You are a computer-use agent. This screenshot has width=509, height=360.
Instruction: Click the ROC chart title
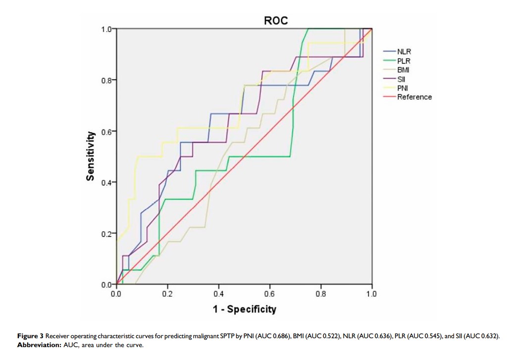pyautogui.click(x=276, y=21)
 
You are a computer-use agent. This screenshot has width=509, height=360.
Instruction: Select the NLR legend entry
pyautogui.click(x=404, y=51)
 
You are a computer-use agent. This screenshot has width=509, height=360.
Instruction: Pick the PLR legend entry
pyautogui.click(x=404, y=60)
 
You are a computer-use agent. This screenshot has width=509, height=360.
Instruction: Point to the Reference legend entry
pyautogui.click(x=414, y=97)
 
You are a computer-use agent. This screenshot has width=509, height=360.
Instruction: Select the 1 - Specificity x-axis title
pyautogui.click(x=244, y=309)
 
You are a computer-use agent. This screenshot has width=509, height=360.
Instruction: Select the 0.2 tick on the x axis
pyautogui.click(x=167, y=294)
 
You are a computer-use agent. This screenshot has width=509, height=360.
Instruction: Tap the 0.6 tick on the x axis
pyautogui.click(x=269, y=294)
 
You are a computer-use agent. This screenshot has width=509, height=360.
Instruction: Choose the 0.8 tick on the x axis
pyautogui.click(x=320, y=294)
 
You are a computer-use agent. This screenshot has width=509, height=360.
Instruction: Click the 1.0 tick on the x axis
pyautogui.click(x=371, y=294)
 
